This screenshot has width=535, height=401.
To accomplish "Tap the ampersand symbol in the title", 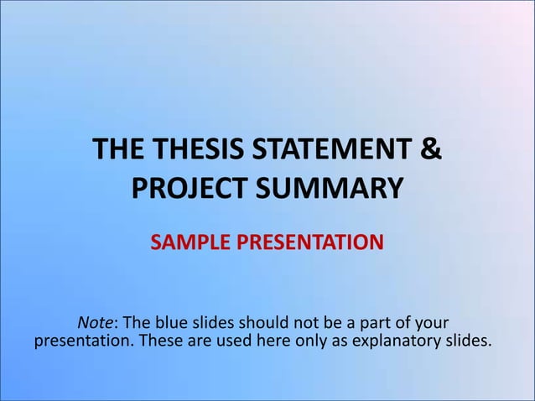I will [x=429, y=153].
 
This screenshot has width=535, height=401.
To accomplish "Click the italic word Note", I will [x=95, y=323].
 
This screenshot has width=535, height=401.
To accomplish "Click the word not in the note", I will [x=306, y=323].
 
